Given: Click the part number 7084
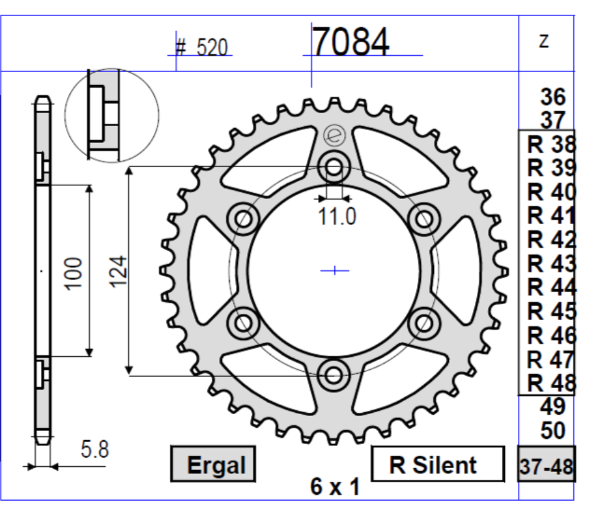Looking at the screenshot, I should [350, 42].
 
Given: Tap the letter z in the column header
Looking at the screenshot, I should [544, 40].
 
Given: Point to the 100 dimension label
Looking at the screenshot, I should [75, 270].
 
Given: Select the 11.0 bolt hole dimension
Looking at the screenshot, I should [335, 217].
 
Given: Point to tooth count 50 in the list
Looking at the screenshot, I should [553, 430].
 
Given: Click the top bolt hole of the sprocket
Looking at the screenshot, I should [334, 167].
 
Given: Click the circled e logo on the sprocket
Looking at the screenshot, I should [333, 136].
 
